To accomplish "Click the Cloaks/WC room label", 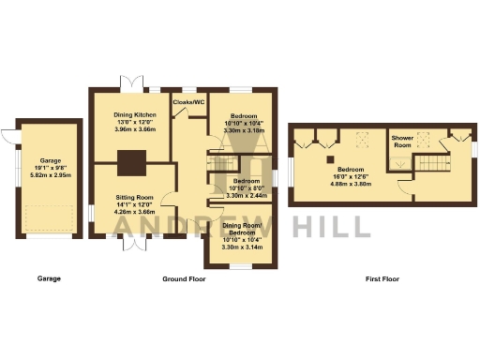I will click(x=187, y=101).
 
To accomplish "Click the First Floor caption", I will click(x=382, y=278).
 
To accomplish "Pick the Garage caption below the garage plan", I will click(x=49, y=278).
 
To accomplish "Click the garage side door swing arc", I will click(x=9, y=138).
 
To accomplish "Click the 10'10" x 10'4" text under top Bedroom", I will click(x=242, y=123).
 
